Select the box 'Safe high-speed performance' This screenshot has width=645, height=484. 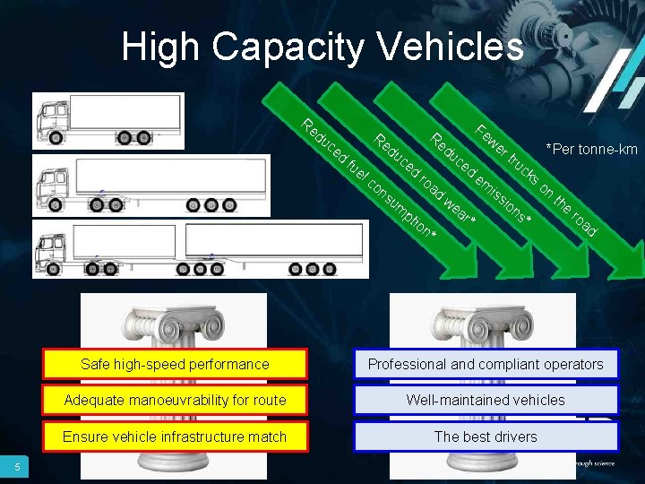(175, 364)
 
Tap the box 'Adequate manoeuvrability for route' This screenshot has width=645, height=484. (175, 400)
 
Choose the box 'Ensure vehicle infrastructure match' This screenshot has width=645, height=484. (175, 436)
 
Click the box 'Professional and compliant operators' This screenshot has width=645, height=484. (486, 364)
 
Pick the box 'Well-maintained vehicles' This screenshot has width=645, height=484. (486, 400)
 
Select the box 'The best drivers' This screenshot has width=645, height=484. (486, 436)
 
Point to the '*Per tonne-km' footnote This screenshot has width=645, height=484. (591, 149)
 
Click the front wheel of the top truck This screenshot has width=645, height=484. (57, 138)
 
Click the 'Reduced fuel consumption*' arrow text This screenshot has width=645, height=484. (368, 179)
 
